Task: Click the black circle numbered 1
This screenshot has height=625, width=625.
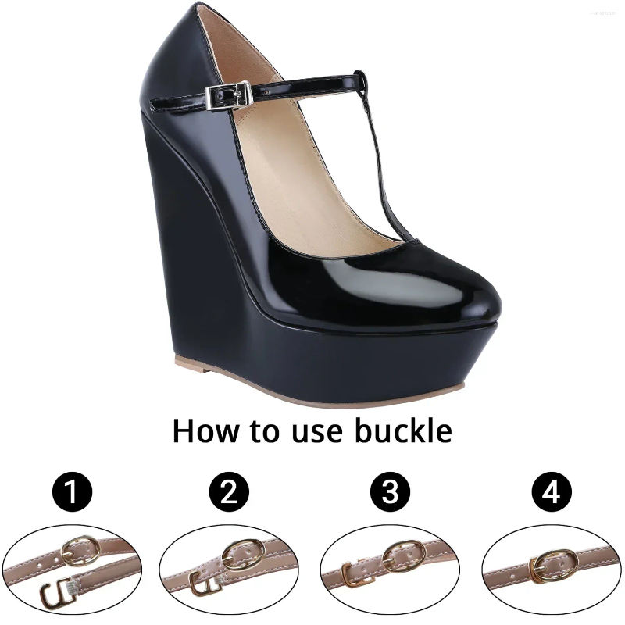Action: pos(72,492)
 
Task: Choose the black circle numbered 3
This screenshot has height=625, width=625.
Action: pos(390,492)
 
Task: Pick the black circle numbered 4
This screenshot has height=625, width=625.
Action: pos(552,492)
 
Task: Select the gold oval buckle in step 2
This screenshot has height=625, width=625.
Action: pos(239,556)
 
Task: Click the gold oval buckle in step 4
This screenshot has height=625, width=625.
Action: pos(559,559)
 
